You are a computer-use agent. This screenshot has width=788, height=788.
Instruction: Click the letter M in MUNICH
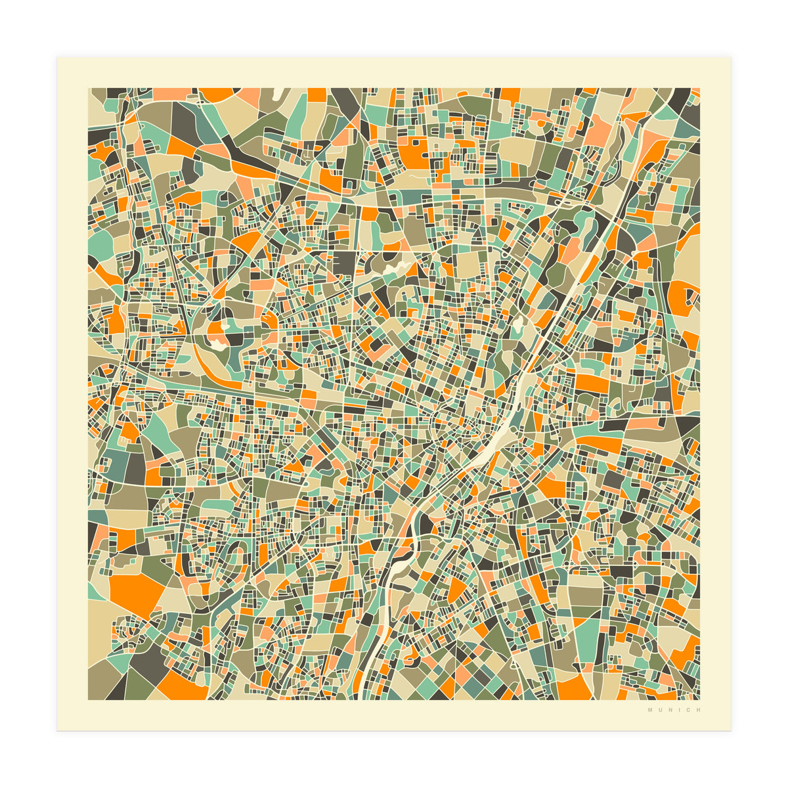click(649, 710)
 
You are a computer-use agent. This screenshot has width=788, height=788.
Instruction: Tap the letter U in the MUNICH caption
click(659, 710)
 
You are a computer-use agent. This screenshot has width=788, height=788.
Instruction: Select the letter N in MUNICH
click(668, 710)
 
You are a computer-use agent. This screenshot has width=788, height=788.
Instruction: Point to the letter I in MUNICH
click(677, 710)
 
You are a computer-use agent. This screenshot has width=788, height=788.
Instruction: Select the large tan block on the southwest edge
click(102, 624)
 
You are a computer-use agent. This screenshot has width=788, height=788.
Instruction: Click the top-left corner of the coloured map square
click(89, 89)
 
